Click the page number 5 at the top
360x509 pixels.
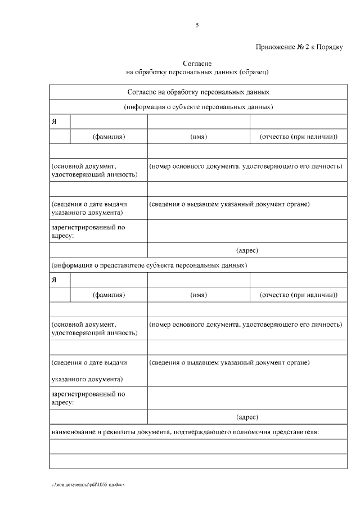coord(197,25)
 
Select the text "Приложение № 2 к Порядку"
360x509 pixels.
coord(299,47)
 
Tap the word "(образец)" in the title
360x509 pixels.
coord(254,72)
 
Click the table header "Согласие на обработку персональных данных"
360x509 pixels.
coord(198,91)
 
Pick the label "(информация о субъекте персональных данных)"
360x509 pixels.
coord(198,106)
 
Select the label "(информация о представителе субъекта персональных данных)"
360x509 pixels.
coord(148,264)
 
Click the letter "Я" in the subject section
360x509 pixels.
coord(54,122)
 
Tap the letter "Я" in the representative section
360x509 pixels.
coord(54,280)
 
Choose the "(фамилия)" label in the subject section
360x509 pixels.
coord(109,137)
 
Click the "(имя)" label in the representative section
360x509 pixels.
coord(199,295)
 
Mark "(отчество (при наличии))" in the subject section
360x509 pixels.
coord(298,137)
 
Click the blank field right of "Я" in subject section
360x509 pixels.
coord(109,122)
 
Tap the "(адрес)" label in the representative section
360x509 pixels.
coord(247,417)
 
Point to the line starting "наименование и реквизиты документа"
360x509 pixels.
coord(185,432)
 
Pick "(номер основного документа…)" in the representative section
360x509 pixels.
coord(246,325)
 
